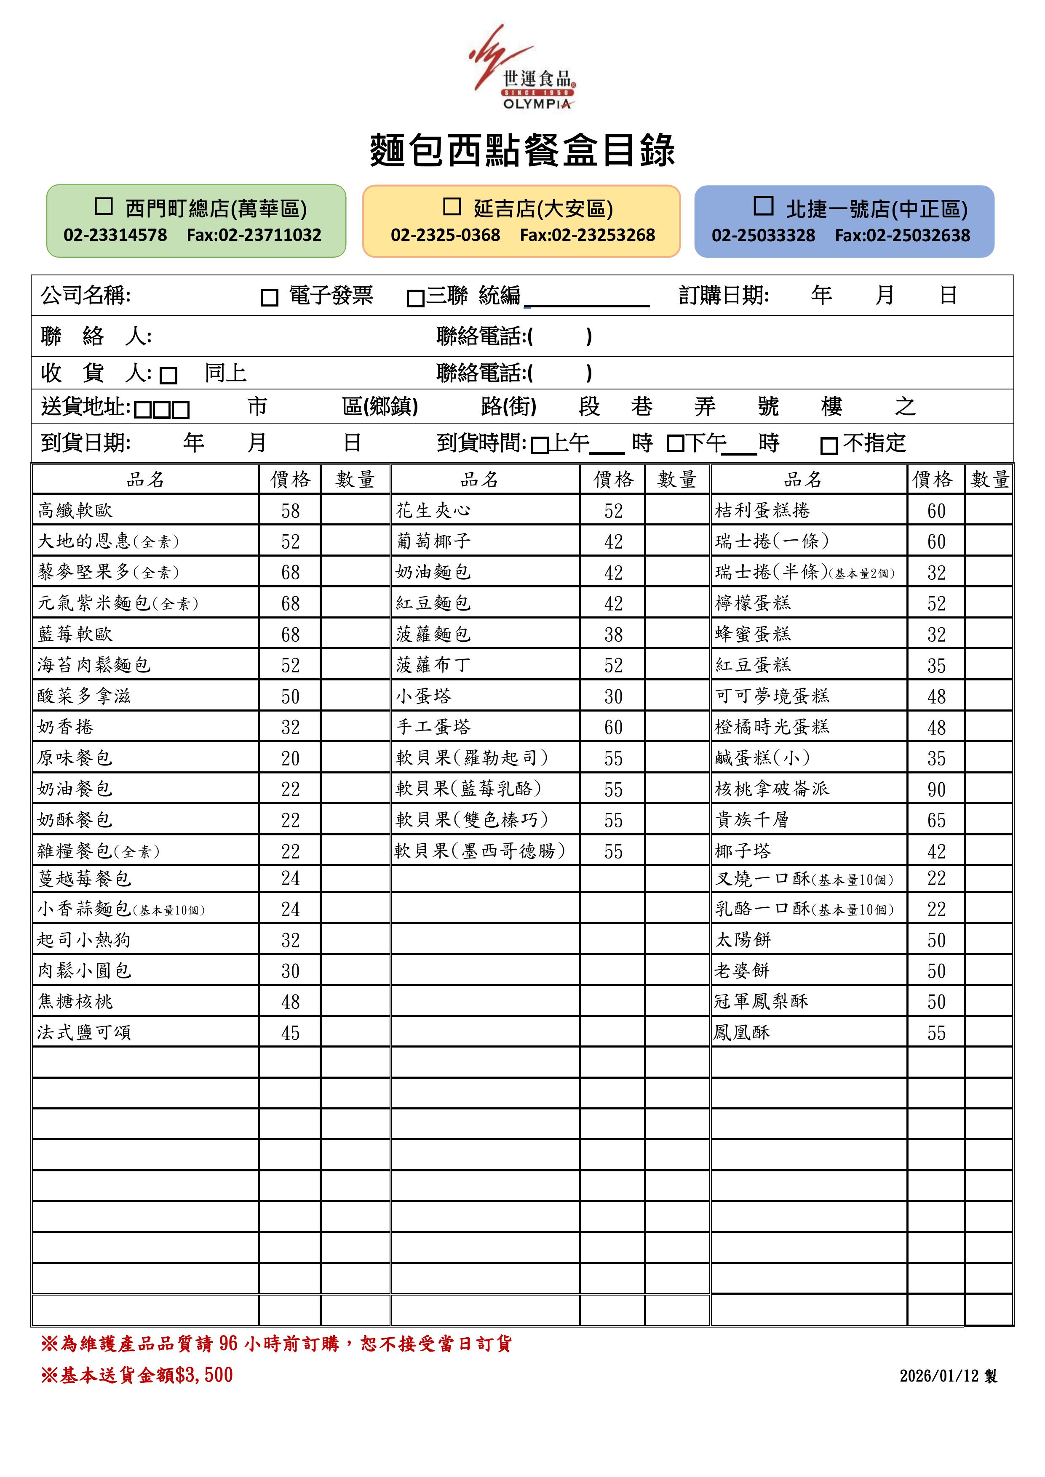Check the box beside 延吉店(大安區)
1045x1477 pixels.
click(452, 206)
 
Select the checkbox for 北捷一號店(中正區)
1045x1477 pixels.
click(763, 206)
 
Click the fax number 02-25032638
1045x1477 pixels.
click(902, 235)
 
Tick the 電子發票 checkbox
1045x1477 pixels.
click(269, 298)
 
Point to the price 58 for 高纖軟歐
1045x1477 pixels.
click(290, 511)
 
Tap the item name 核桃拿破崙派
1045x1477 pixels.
click(772, 789)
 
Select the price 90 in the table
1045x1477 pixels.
click(936, 789)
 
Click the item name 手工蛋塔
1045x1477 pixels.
click(433, 727)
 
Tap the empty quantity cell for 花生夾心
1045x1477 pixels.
click(677, 511)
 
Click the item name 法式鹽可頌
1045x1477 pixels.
click(84, 1032)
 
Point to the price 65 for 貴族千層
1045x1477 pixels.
click(936, 820)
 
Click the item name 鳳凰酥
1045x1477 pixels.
click(742, 1032)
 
